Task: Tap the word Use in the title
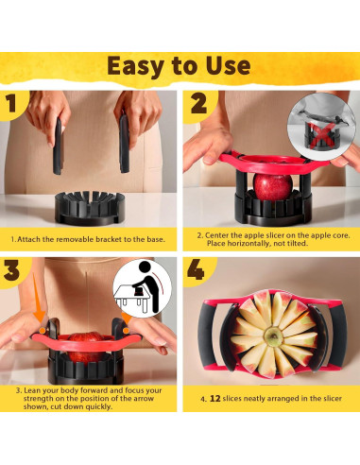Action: tap(228, 65)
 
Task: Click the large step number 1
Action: tap(12, 103)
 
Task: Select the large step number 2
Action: tap(199, 103)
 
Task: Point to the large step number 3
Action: tap(11, 270)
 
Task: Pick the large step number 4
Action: tap(196, 269)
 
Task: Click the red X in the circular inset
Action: tap(320, 135)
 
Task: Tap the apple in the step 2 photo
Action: tap(273, 187)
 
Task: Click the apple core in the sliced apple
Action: tap(273, 336)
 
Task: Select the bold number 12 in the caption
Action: tap(214, 399)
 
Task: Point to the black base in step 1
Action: tap(90, 208)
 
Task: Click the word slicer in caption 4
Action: tap(332, 399)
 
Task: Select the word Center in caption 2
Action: tap(216, 235)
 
